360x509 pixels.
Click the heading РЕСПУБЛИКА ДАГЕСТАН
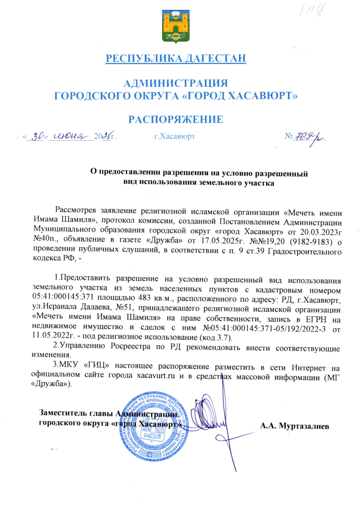click(x=176, y=58)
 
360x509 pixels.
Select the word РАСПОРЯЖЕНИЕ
click(x=176, y=119)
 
